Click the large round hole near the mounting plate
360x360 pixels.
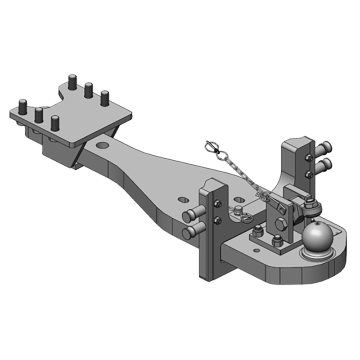(102, 146)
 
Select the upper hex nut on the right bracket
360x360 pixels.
(309, 158)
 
